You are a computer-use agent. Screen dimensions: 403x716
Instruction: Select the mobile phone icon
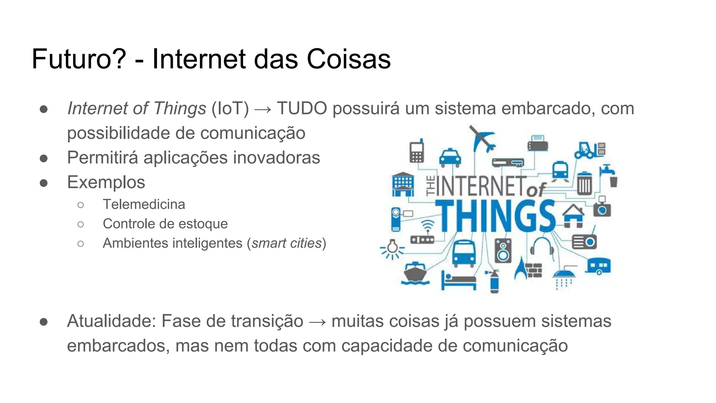click(x=417, y=151)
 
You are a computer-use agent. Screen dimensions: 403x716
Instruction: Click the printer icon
click(x=537, y=143)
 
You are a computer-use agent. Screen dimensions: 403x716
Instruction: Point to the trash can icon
click(x=584, y=183)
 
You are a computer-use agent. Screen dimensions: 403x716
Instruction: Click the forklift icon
click(x=589, y=150)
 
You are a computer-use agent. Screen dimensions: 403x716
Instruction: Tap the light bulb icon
click(x=392, y=248)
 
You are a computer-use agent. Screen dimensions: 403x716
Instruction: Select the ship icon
click(x=415, y=273)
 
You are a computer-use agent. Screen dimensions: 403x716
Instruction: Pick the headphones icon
click(x=542, y=247)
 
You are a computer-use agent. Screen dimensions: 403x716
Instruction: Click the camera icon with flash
click(x=602, y=207)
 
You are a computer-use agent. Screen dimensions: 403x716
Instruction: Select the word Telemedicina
click(x=144, y=204)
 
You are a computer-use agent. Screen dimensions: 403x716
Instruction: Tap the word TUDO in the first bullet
click(x=302, y=108)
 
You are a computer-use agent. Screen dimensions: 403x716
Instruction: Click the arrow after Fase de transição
click(x=317, y=321)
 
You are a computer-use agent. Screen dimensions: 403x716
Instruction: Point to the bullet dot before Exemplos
click(x=44, y=183)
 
